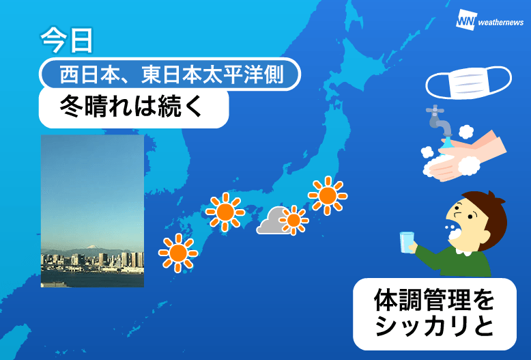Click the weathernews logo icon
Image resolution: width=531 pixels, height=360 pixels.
[466, 20]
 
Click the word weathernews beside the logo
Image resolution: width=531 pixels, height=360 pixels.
[501, 23]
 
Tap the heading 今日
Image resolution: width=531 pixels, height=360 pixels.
[66, 40]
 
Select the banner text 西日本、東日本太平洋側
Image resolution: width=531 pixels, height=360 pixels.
[172, 74]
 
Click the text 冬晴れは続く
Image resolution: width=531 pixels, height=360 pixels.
[131, 106]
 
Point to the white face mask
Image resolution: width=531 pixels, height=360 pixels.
[469, 83]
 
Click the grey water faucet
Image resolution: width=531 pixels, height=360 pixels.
[440, 121]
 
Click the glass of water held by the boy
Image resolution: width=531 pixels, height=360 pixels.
[407, 243]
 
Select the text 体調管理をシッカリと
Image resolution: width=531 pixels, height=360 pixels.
[435, 314]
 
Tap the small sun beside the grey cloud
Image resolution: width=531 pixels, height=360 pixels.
[293, 221]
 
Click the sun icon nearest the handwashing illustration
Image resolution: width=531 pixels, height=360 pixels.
[328, 195]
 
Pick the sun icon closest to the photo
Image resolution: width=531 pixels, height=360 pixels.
[178, 253]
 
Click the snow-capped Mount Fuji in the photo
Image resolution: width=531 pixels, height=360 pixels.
[91, 247]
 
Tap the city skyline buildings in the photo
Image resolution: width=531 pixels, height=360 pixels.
[92, 260]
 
